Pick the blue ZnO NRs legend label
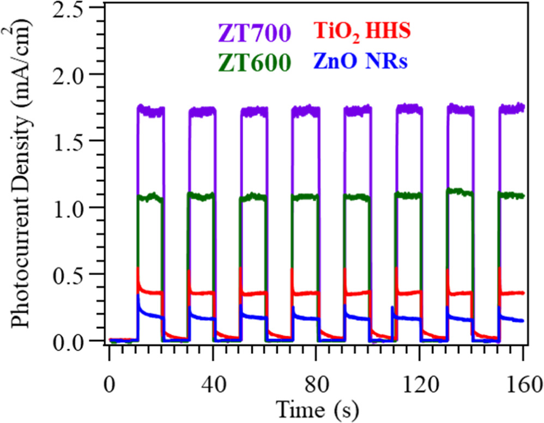coord(360,61)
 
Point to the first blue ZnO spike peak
coord(138,295)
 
